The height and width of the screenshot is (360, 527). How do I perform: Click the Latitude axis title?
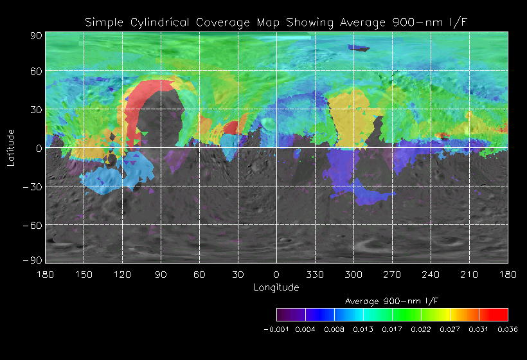[x=11, y=147]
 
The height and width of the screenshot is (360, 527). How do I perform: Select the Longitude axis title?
[x=276, y=287]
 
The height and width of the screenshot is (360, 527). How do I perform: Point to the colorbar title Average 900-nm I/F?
[x=392, y=301]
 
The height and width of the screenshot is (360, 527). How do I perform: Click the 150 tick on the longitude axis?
[x=84, y=274]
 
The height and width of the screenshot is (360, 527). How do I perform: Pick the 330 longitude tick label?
[x=315, y=274]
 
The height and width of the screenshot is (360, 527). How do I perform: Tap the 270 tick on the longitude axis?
[x=392, y=274]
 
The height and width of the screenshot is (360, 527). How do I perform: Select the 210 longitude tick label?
[x=469, y=274]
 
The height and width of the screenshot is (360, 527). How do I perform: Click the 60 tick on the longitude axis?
[x=199, y=274]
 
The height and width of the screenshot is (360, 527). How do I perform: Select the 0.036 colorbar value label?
[x=508, y=329]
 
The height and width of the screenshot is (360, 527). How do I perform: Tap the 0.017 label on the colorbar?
[x=392, y=329]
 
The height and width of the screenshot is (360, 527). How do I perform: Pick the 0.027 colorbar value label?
[x=450, y=329]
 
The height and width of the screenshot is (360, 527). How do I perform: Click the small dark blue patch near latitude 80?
[x=359, y=48]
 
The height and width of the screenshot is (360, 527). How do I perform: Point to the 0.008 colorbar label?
[x=334, y=329]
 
